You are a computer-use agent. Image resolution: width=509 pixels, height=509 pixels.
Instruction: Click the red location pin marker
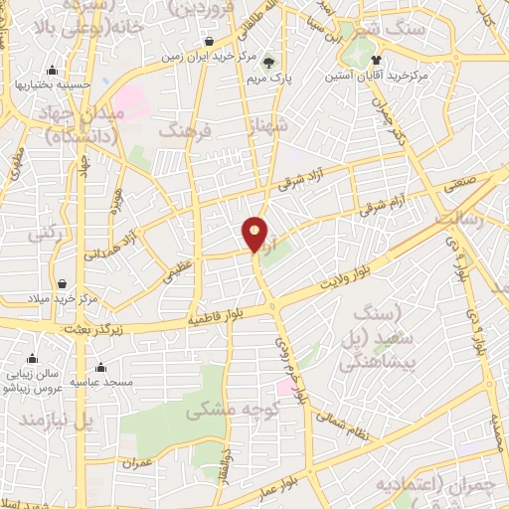coord(255,235)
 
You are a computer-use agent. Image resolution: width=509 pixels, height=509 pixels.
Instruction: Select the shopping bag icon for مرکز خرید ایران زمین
coord(211,41)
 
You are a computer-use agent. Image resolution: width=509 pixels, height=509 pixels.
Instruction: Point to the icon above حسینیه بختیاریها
coord(52,69)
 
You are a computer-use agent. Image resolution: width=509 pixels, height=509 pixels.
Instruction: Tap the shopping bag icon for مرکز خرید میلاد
coord(63,283)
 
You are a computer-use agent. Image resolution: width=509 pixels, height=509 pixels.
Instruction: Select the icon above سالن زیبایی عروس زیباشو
coord(33,359)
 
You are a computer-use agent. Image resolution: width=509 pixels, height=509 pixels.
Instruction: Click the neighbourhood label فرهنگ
coord(186,130)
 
